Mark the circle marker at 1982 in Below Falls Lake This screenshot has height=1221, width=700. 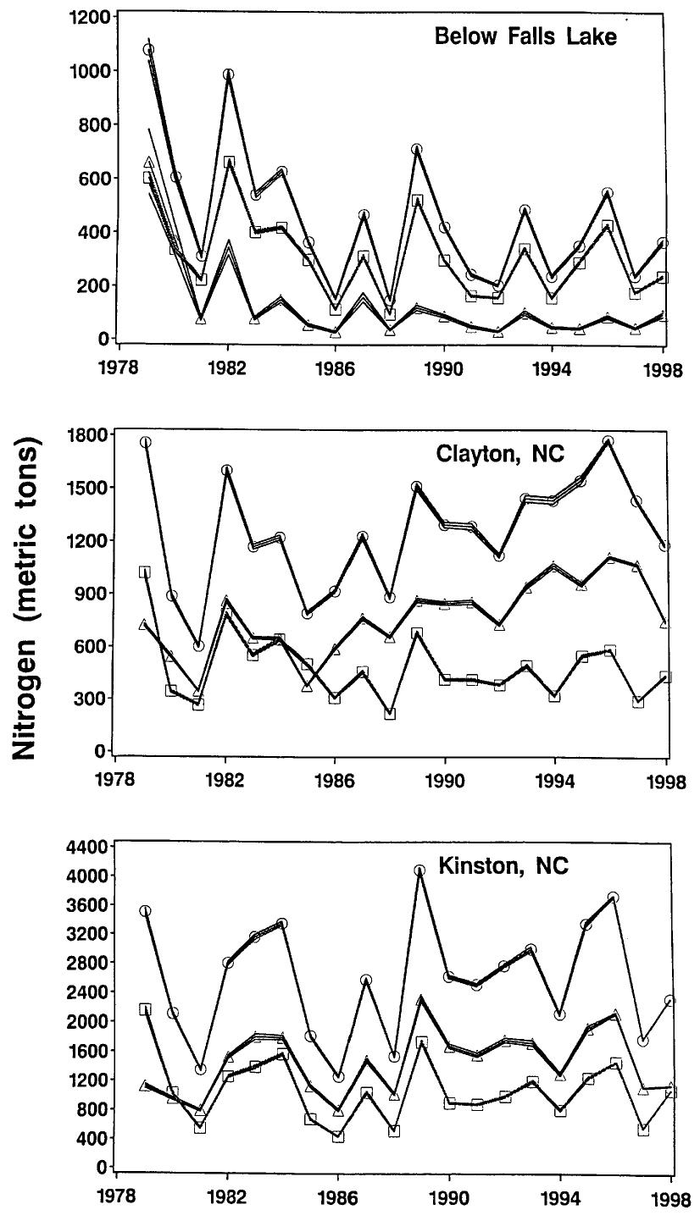point(227,75)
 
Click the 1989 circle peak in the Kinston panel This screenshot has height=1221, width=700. point(419,870)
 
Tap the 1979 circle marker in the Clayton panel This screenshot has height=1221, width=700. point(145,442)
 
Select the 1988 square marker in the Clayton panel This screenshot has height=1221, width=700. point(390,714)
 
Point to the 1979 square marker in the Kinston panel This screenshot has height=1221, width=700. point(145,1009)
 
